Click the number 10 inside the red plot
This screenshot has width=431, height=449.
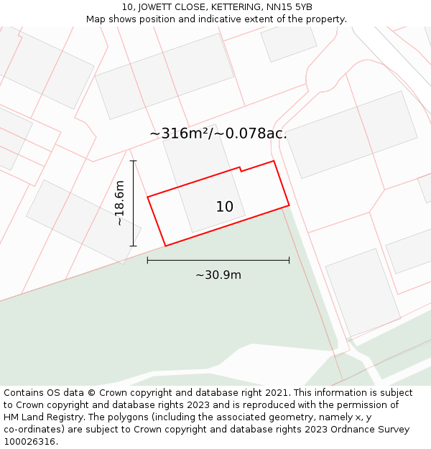click(x=225, y=207)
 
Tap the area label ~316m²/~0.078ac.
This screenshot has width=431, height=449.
click(x=218, y=134)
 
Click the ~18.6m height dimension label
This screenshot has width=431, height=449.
click(x=120, y=203)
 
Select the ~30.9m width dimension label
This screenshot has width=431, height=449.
click(x=218, y=275)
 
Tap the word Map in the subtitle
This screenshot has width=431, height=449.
click(x=96, y=19)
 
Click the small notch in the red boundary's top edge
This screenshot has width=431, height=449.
click(x=241, y=170)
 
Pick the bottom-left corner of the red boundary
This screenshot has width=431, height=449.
click(x=165, y=246)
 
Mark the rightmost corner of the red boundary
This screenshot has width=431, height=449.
click(x=289, y=205)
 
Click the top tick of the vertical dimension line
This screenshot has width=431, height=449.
click(x=133, y=161)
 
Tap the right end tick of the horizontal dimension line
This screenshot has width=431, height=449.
click(x=289, y=260)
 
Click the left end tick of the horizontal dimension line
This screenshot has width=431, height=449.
click(x=147, y=260)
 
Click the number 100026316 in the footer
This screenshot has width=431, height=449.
click(x=29, y=442)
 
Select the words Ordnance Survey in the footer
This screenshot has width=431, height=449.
click(x=373, y=430)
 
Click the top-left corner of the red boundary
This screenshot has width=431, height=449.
click(x=148, y=197)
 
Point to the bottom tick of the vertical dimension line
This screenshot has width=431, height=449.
click(x=133, y=246)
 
